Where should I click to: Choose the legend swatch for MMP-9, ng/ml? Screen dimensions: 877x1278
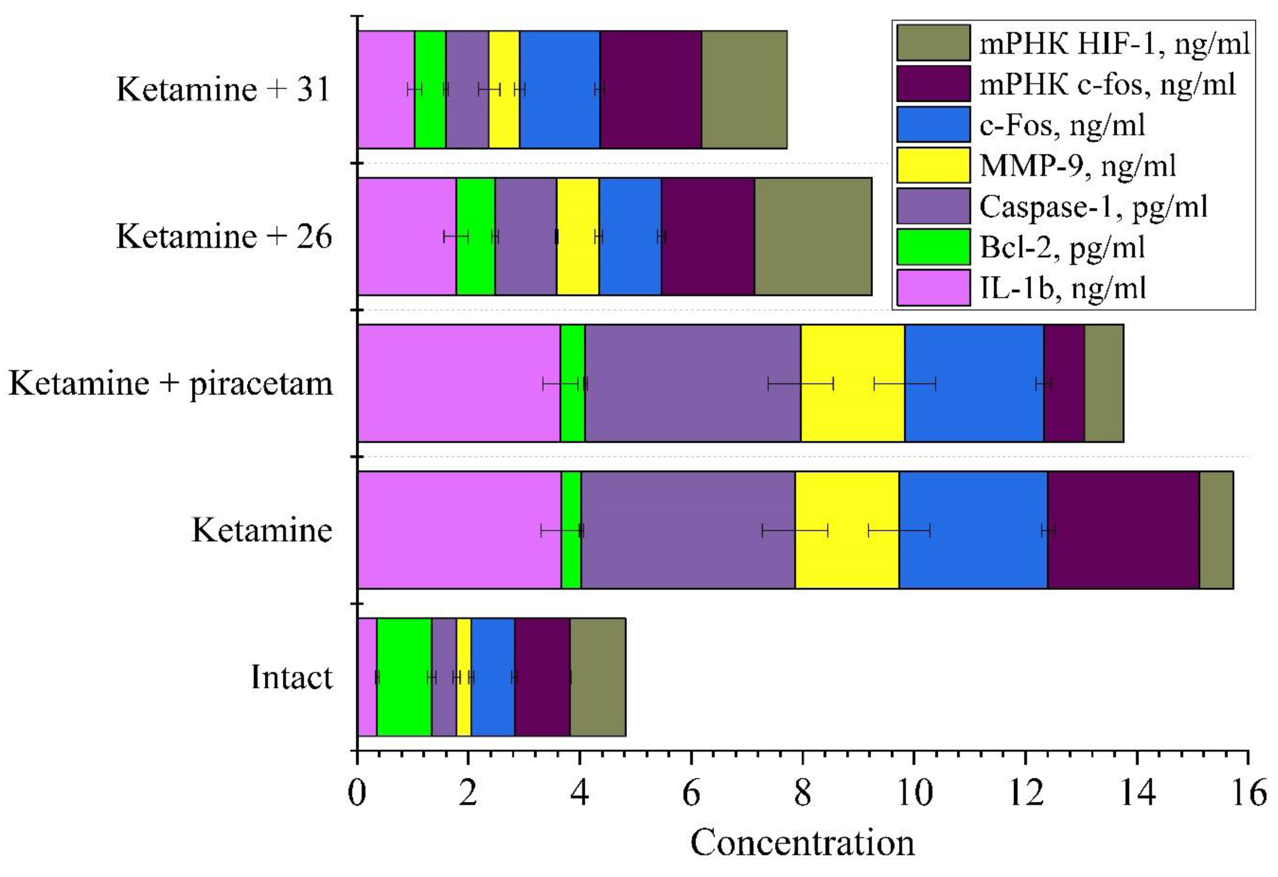[x=933, y=165]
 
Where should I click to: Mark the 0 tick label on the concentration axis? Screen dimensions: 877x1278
[x=357, y=794]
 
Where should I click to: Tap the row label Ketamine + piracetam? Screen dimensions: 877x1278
[x=170, y=383]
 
